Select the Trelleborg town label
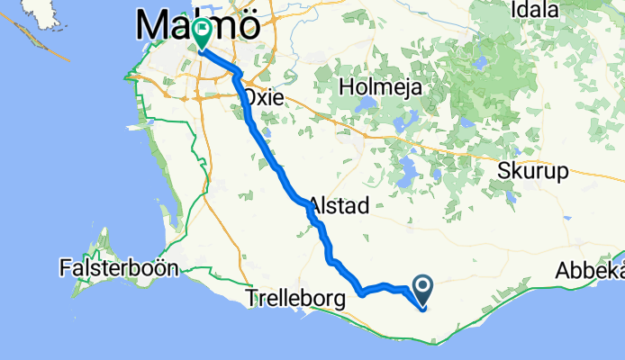(x=294, y=298)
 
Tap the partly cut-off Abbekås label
(x=590, y=270)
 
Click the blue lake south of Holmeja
(x=406, y=168)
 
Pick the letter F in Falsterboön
(x=66, y=267)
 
